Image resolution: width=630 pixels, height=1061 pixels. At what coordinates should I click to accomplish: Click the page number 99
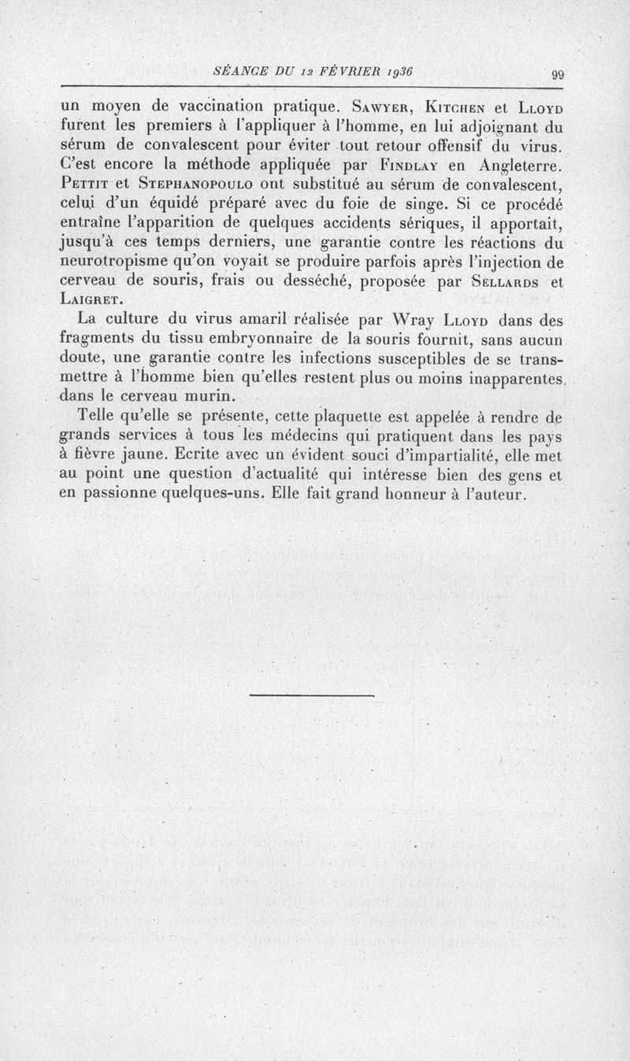coord(558,75)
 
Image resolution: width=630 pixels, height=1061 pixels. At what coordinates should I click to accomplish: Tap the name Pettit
coord(84,185)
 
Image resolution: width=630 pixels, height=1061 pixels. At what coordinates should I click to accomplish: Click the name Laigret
coord(91,300)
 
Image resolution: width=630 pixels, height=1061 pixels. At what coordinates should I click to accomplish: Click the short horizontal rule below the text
coord(310,696)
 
